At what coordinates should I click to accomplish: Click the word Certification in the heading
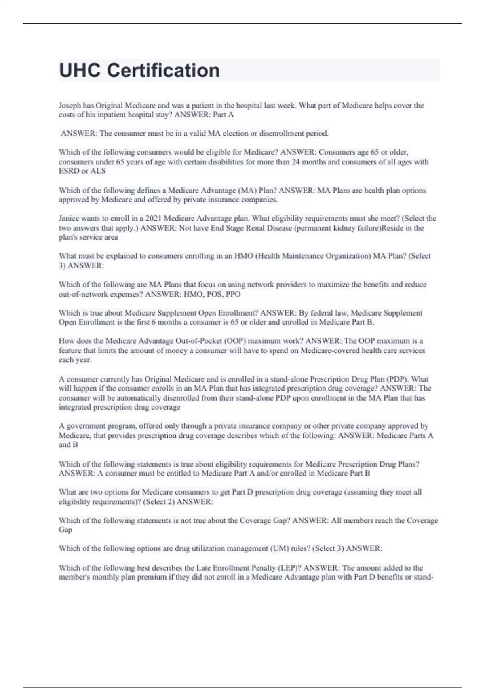tap(163, 70)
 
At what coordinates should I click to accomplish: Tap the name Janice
tap(69, 219)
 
